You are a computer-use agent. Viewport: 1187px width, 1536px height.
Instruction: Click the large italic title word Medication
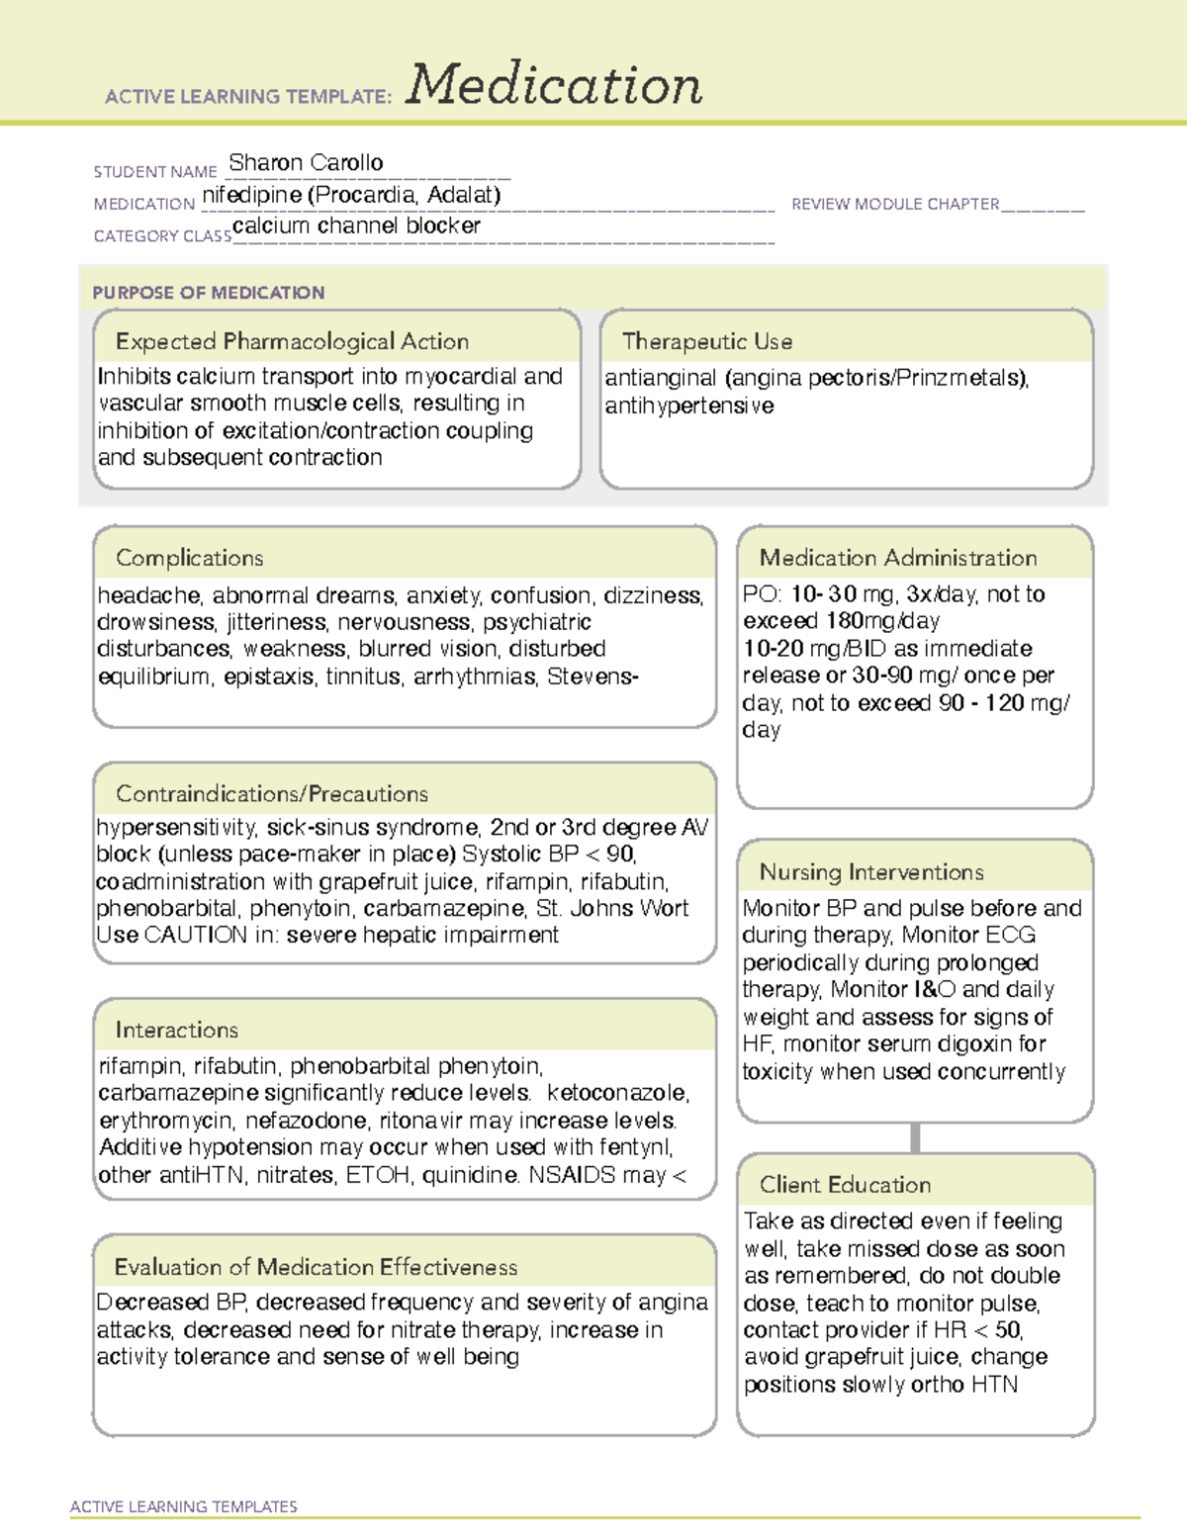click(x=553, y=85)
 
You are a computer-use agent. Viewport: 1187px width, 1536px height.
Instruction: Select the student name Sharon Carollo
click(x=306, y=162)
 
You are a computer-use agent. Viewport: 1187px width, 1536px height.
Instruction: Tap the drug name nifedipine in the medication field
click(x=251, y=195)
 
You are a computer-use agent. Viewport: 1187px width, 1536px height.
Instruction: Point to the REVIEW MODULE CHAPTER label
click(x=895, y=204)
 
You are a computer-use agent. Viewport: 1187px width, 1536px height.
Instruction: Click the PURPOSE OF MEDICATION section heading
click(x=208, y=293)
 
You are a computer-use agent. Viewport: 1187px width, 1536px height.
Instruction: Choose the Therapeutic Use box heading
click(x=706, y=341)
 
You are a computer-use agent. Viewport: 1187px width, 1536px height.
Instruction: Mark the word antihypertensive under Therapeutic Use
click(x=689, y=406)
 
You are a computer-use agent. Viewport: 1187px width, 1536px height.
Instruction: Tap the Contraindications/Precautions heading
click(x=272, y=793)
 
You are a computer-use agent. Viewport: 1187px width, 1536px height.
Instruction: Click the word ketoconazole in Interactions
click(x=617, y=1093)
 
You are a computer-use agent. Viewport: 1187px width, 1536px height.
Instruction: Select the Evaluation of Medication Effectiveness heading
click(x=316, y=1267)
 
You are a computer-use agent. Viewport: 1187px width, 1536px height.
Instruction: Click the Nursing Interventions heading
click(x=871, y=871)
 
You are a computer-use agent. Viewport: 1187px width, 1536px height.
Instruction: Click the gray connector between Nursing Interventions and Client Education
click(x=915, y=1137)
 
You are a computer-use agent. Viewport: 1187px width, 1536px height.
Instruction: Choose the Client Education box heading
click(x=845, y=1185)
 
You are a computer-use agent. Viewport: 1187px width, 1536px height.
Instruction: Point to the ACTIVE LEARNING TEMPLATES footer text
click(x=184, y=1506)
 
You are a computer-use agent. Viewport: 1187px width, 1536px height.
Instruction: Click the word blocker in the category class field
click(x=443, y=226)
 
